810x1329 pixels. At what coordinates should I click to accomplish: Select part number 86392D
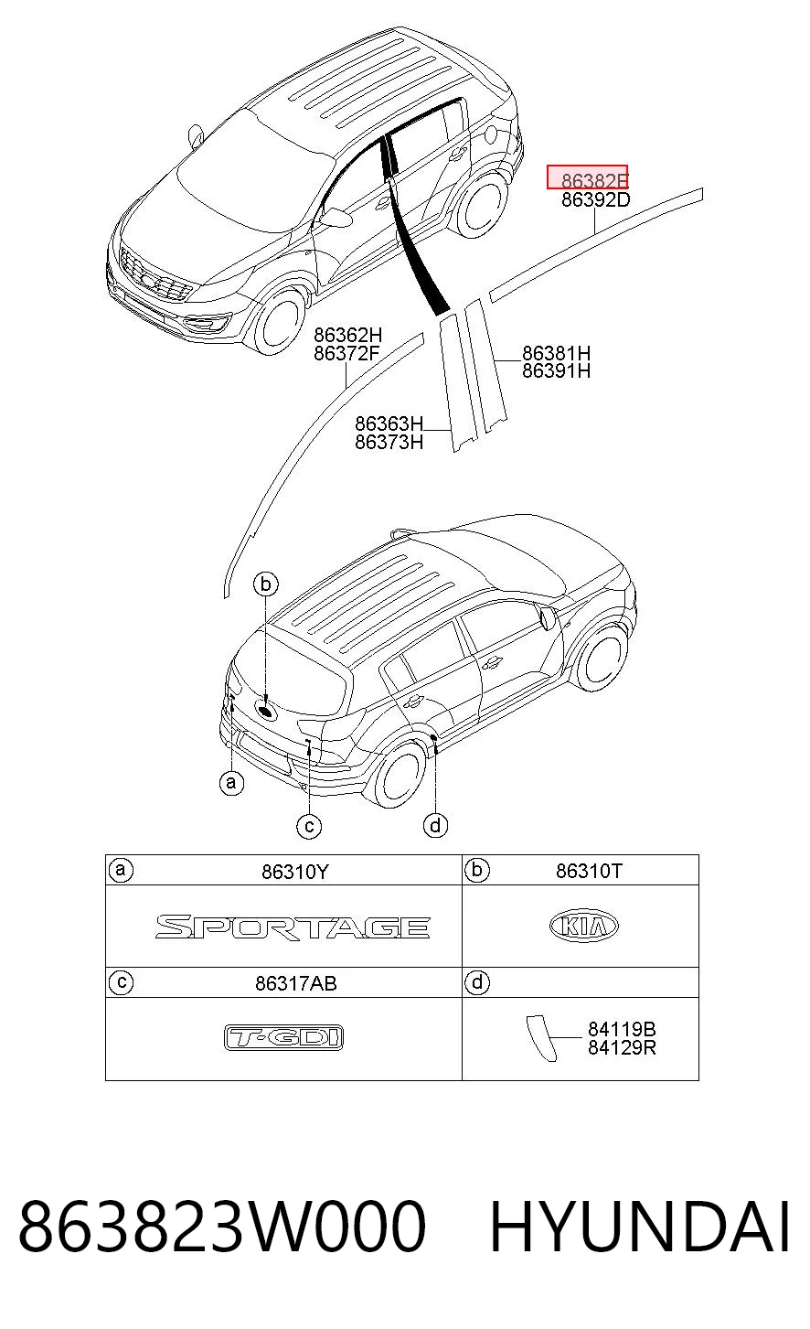[x=595, y=199]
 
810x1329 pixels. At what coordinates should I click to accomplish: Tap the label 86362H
[x=347, y=335]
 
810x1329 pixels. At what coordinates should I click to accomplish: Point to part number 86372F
[x=346, y=354]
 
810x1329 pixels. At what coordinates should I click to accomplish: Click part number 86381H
[x=556, y=354]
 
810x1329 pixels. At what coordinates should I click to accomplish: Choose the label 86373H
[x=389, y=442]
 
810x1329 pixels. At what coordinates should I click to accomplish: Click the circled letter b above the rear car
[x=266, y=584]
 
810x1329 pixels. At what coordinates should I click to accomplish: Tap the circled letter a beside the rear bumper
[x=231, y=783]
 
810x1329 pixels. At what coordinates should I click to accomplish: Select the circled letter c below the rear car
[x=309, y=827]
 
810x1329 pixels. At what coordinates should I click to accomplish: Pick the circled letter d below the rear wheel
[x=435, y=825]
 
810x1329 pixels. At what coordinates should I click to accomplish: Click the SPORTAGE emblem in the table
[x=293, y=927]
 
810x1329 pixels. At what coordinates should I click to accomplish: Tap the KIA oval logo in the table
[x=584, y=926]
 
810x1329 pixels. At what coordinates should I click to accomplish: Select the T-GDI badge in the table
[x=284, y=1037]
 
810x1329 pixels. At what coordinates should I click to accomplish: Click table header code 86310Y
[x=294, y=872]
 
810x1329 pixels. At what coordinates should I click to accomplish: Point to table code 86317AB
[x=296, y=983]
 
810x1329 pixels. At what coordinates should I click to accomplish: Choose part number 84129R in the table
[x=622, y=1048]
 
